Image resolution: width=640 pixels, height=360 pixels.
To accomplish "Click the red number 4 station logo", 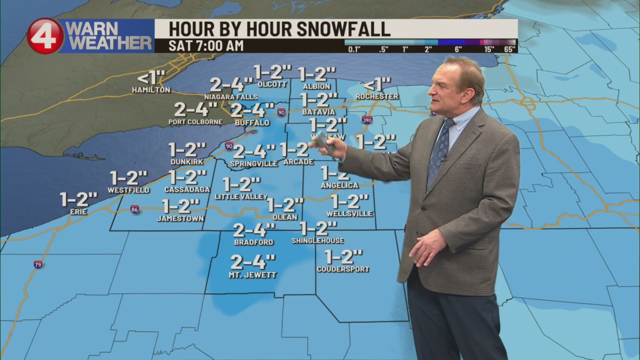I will [45, 36].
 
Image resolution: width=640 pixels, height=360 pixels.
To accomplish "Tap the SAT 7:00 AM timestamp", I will [206, 46].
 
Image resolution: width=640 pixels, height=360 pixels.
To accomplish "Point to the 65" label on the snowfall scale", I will [509, 49].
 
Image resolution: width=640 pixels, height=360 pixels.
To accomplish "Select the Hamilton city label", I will [151, 90].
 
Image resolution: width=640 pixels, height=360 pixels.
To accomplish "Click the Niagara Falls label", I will [231, 97].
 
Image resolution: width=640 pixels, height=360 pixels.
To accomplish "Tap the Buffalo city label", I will [252, 122].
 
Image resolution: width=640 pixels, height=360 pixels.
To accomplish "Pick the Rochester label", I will [377, 96].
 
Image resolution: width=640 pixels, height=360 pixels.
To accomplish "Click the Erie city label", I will [78, 212].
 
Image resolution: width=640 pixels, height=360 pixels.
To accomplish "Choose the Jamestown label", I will [180, 218].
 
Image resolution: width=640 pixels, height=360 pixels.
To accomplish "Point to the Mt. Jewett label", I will [252, 275].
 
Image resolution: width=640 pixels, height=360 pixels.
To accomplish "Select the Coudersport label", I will [343, 269].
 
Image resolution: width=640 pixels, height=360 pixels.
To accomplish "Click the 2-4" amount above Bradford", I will [254, 230].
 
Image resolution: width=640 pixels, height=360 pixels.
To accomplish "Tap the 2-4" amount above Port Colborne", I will [195, 109].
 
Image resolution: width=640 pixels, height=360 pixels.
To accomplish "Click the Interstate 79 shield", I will [38, 264].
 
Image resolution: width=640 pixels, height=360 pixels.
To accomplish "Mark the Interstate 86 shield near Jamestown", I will [134, 209].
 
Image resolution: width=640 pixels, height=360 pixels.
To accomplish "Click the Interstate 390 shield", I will [367, 120].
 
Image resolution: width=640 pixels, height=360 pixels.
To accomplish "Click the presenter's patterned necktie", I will [439, 149].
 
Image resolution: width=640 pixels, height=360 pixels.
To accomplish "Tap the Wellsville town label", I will [349, 214].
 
